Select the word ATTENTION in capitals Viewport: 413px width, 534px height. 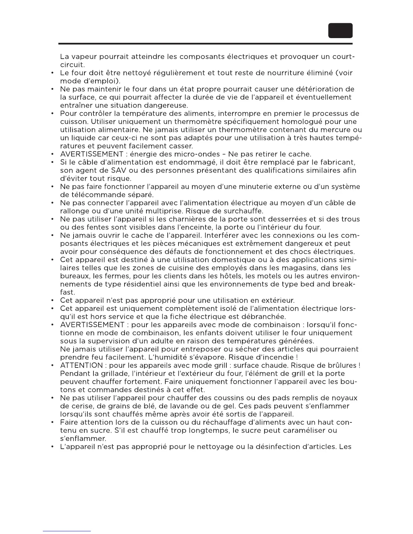click(x=81, y=365)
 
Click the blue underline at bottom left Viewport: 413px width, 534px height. click(x=67, y=531)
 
